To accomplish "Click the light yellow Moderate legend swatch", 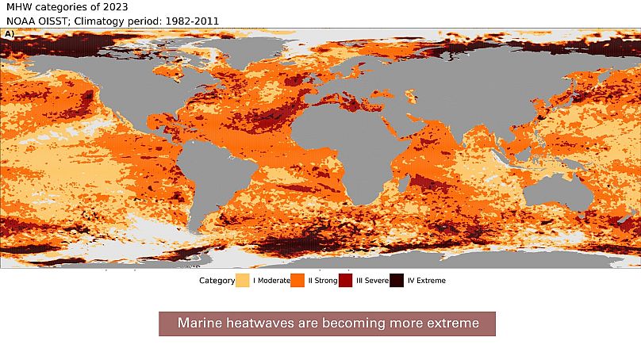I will click(243, 280).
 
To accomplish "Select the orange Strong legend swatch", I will click(298, 280).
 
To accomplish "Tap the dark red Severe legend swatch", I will click(346, 280).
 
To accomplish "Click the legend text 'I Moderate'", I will click(271, 281).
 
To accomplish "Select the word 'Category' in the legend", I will click(217, 281).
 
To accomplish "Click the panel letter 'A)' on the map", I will click(9, 34).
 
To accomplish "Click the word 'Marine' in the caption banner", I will click(198, 324).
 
